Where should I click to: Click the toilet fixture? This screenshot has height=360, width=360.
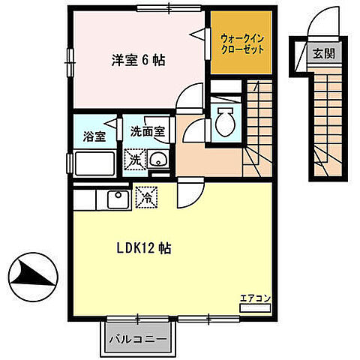click(x=223, y=121)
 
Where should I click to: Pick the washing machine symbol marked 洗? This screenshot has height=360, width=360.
click(x=133, y=159)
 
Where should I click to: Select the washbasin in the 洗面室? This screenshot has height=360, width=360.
click(x=157, y=160)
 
